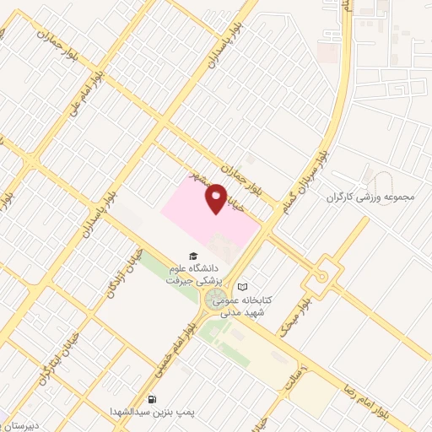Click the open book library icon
click(x=243, y=287)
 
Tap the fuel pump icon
click(x=152, y=398)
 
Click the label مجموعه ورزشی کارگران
click(x=371, y=197)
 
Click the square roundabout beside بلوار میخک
click(x=322, y=276)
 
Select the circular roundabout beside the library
click(x=214, y=298)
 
